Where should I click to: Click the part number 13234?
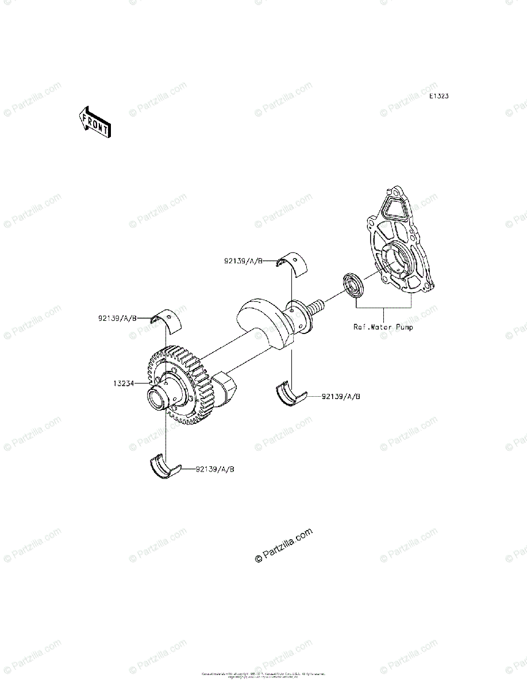pyautogui.click(x=124, y=382)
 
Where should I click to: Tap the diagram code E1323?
pyautogui.click(x=438, y=96)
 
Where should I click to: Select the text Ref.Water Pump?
pyautogui.click(x=383, y=327)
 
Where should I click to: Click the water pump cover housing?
pyautogui.click(x=402, y=248)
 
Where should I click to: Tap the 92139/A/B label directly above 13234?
pyautogui.click(x=116, y=317)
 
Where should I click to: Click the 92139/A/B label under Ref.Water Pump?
pyautogui.click(x=340, y=396)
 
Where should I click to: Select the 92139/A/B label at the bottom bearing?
pyautogui.click(x=215, y=469)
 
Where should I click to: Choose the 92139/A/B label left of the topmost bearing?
pyautogui.click(x=243, y=260)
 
